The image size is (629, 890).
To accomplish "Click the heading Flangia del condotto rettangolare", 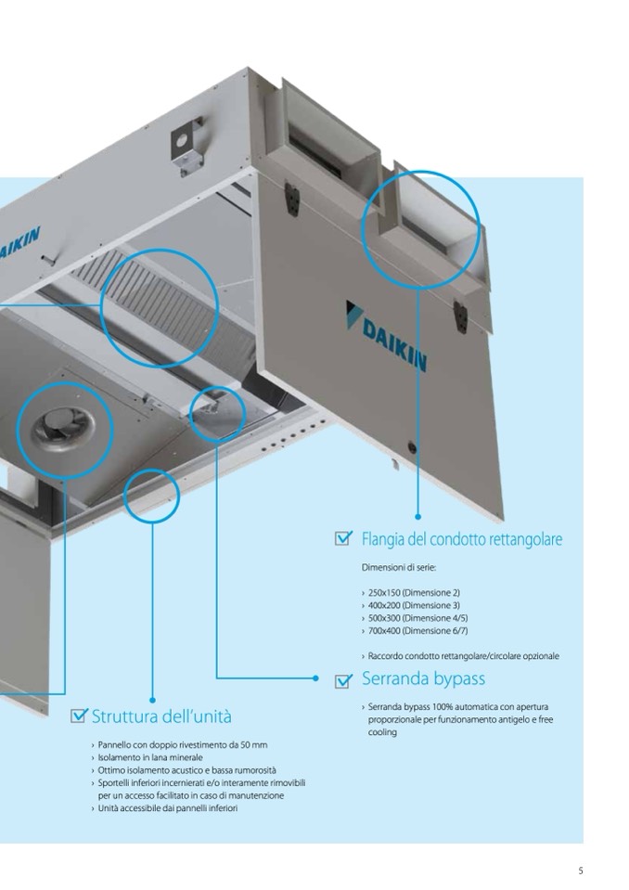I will (461, 539).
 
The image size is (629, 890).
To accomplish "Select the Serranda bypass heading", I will (423, 678).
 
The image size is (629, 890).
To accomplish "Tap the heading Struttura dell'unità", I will (161, 716).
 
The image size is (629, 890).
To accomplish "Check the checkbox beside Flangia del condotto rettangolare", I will (343, 538).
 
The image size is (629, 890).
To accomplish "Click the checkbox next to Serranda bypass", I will (343, 680).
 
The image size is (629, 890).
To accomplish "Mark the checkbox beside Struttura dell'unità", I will (80, 716).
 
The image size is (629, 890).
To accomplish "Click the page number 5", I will (580, 871).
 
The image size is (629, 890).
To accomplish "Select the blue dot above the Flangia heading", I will (417, 516).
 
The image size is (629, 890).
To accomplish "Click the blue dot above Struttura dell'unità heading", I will (152, 700).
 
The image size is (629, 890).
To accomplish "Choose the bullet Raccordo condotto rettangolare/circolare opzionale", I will (463, 656).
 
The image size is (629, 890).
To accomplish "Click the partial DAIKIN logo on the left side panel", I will (19, 246).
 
